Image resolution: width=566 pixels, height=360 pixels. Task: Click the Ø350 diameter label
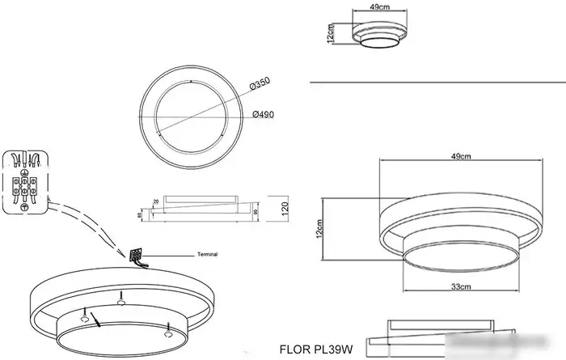pos(260,83)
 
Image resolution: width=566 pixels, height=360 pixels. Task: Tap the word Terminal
pos(208,254)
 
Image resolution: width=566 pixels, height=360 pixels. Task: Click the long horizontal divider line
pos(437,83)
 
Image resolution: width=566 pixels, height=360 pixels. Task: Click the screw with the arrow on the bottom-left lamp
pos(84,311)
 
